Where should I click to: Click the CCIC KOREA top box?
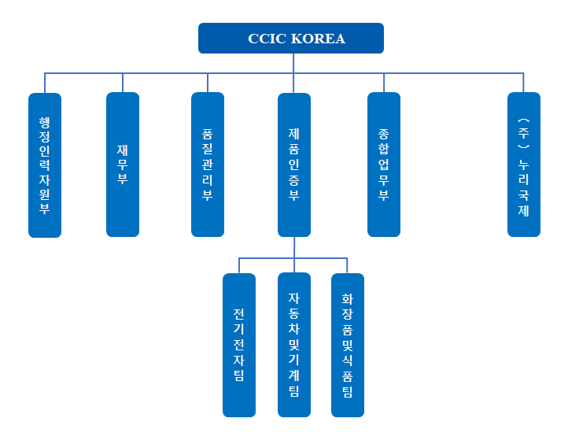tap(290, 39)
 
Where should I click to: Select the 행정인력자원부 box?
tap(45, 165)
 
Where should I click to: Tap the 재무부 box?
tap(123, 165)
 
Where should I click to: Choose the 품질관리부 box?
tap(208, 165)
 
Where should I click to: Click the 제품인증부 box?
tap(294, 165)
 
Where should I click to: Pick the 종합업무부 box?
tap(384, 165)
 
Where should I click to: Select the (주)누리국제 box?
tap(524, 165)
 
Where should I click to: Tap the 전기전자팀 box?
tap(239, 345)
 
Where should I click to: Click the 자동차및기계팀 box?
tap(294, 345)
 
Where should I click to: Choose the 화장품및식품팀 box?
tap(348, 345)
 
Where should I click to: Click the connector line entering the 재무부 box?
tap(123, 83)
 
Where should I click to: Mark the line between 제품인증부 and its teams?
tap(294, 247)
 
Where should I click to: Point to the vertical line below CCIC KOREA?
tap(293, 63)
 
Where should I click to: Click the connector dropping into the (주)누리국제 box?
tap(524, 83)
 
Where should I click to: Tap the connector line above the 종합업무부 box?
tap(384, 83)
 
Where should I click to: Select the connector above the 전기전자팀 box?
tap(239, 265)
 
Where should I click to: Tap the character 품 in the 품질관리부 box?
tap(208, 124)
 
